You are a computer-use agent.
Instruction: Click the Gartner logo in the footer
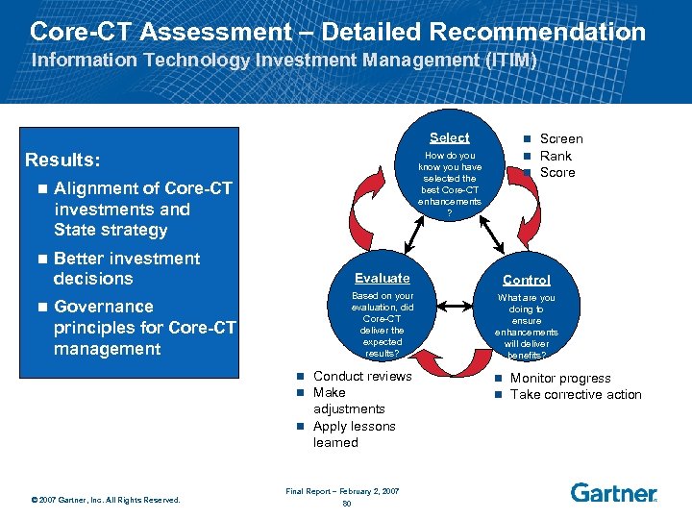pyautogui.click(x=613, y=492)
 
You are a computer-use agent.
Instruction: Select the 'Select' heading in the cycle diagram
pyautogui.click(x=449, y=137)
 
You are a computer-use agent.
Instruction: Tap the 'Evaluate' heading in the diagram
pyautogui.click(x=382, y=278)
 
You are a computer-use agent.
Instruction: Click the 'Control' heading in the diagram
pyautogui.click(x=526, y=280)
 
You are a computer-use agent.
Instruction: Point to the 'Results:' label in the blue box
pyautogui.click(x=62, y=160)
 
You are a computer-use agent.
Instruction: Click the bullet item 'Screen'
pyautogui.click(x=560, y=138)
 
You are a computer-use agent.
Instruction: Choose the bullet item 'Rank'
pyautogui.click(x=556, y=156)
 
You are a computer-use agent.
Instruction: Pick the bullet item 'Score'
pyautogui.click(x=557, y=172)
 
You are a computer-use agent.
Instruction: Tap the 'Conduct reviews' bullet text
pyautogui.click(x=361, y=376)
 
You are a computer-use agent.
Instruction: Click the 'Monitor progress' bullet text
pyautogui.click(x=559, y=378)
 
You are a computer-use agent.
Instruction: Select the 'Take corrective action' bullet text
pyautogui.click(x=575, y=394)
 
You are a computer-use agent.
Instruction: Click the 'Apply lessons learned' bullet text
pyautogui.click(x=354, y=433)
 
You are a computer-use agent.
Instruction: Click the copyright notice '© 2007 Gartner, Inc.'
pyautogui.click(x=105, y=499)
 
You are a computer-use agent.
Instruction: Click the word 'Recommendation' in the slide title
pyautogui.click(x=537, y=31)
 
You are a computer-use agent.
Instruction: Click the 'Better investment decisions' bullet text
pyautogui.click(x=127, y=268)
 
